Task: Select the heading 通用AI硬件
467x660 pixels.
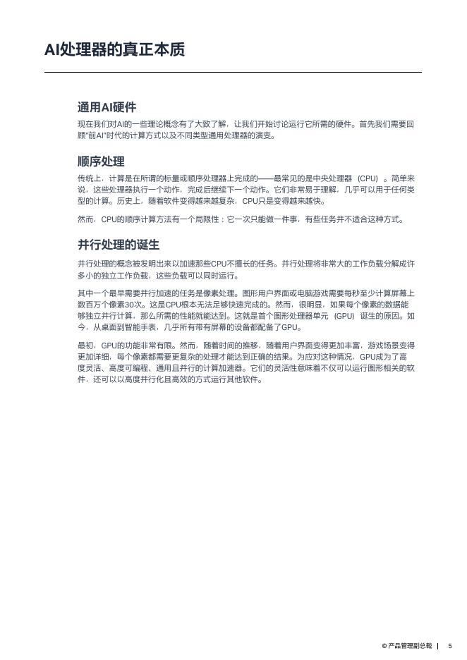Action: (x=107, y=107)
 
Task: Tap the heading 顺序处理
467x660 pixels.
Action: (x=101, y=161)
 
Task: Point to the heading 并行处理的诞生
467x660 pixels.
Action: (x=119, y=245)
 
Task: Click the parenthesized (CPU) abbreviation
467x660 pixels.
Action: (x=368, y=178)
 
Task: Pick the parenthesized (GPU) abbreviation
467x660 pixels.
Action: (x=344, y=316)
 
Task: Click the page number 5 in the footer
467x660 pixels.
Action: (x=450, y=645)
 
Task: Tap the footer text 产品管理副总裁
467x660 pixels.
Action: (x=409, y=645)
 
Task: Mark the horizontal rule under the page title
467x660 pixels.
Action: (x=233, y=72)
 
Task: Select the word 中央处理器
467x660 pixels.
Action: (x=332, y=178)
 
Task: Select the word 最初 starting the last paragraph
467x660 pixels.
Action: (x=85, y=346)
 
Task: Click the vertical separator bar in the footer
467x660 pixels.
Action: (x=438, y=645)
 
